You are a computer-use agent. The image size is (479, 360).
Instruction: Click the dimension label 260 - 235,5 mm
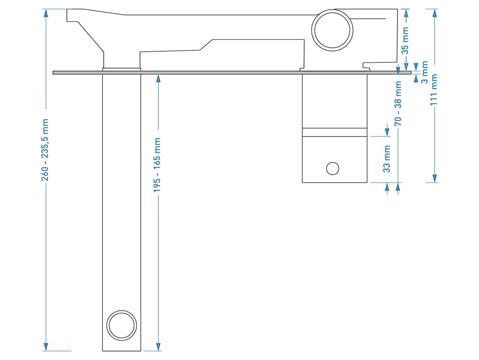click(x=45, y=149)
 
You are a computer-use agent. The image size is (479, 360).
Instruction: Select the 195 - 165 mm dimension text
click(x=157, y=165)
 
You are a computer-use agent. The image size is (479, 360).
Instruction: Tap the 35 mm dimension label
click(x=405, y=41)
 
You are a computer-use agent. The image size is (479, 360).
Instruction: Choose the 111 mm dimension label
click(x=434, y=90)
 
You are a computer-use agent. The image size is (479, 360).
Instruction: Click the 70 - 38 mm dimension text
click(x=398, y=103)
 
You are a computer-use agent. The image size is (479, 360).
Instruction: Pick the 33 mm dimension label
click(x=387, y=159)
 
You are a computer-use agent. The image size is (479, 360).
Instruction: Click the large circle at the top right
click(x=332, y=30)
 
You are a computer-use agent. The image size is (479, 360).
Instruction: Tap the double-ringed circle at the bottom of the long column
click(x=121, y=326)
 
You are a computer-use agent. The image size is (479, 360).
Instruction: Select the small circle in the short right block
click(x=333, y=169)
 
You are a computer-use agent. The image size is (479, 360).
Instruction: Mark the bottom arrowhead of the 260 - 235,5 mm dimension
click(x=46, y=346)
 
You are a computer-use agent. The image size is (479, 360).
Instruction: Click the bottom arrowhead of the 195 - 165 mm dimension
click(x=158, y=346)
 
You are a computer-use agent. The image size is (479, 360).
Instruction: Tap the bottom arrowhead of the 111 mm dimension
click(x=435, y=178)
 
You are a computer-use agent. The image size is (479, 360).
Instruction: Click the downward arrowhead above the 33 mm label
click(x=387, y=132)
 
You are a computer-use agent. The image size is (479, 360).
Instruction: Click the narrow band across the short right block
click(x=334, y=132)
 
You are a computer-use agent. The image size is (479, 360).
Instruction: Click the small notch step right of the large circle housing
click(x=366, y=66)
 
